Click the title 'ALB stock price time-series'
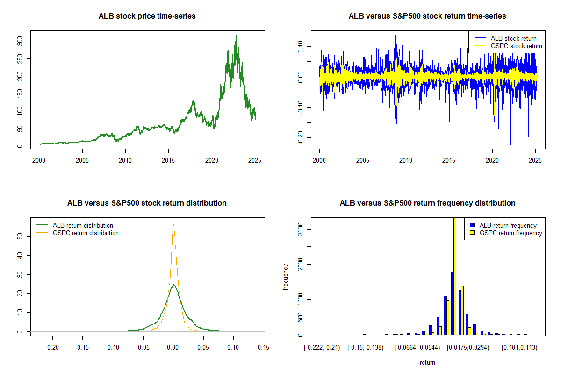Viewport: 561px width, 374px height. point(147,16)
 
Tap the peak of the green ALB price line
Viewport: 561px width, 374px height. point(237,35)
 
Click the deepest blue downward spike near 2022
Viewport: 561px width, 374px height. point(511,144)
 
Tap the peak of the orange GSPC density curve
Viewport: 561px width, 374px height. point(173,224)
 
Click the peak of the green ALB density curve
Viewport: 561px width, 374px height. point(173,285)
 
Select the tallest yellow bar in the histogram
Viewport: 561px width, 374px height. point(455,276)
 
